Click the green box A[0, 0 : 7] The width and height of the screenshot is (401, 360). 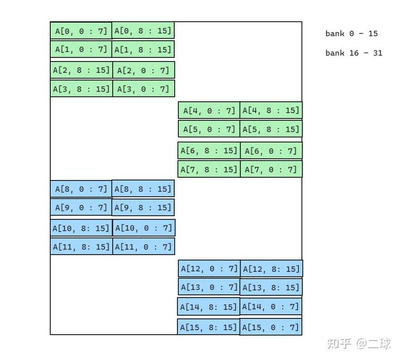(x=81, y=31)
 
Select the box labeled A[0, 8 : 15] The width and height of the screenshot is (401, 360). (x=143, y=30)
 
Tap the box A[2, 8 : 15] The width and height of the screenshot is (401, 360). (x=81, y=70)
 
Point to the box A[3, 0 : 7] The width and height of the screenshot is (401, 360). (x=144, y=89)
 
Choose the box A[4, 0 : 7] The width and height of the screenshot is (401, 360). (x=209, y=110)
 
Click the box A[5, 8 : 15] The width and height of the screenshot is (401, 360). (x=271, y=129)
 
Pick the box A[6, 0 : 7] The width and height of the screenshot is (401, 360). (x=272, y=151)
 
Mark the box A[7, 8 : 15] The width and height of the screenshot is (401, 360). (x=209, y=169)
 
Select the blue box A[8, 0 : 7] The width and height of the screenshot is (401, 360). (x=81, y=189)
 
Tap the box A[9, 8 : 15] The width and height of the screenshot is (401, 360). (x=143, y=207)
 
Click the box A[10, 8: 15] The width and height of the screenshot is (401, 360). (x=81, y=227)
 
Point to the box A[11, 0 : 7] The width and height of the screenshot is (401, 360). (x=144, y=246)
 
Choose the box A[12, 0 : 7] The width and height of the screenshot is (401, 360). (x=209, y=269)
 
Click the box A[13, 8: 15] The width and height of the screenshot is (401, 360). (x=271, y=287)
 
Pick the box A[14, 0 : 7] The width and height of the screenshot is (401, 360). (x=271, y=306)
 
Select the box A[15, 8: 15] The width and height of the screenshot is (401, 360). (x=209, y=327)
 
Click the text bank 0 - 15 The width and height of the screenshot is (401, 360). (x=351, y=33)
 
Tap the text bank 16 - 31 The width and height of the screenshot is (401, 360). (x=353, y=53)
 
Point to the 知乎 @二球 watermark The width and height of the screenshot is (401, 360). (x=359, y=344)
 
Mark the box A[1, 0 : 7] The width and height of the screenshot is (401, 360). (x=81, y=49)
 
